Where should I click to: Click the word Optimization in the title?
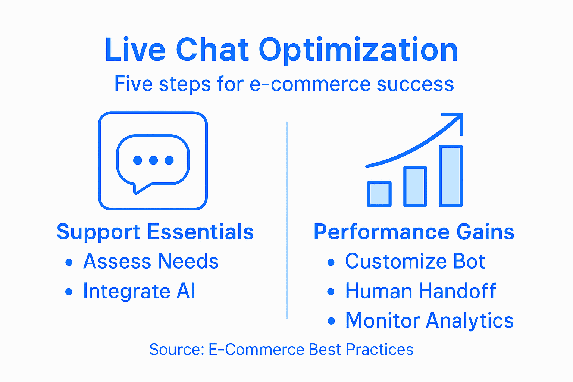358,50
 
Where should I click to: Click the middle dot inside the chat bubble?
153,160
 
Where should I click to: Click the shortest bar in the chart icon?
379,194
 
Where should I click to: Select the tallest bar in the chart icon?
451,176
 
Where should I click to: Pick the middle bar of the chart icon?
415,187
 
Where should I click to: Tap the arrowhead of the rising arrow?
457,119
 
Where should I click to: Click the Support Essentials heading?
155,232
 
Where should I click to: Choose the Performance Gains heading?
414,232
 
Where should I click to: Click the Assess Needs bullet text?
151,261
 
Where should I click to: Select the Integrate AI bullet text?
139,291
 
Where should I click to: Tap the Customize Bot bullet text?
415,261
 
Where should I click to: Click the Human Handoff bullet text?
420,291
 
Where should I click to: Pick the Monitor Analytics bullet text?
429,320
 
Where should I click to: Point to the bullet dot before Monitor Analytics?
331,321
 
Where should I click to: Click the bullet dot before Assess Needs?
69,262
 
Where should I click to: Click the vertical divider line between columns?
286,220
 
